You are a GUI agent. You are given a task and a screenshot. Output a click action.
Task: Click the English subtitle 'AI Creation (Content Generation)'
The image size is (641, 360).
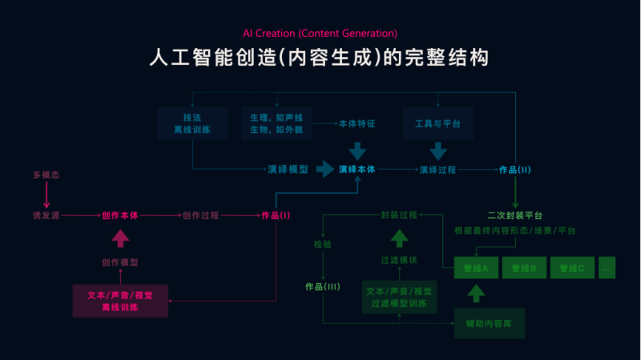[320, 33]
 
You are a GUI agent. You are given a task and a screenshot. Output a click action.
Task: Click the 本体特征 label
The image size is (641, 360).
[357, 123]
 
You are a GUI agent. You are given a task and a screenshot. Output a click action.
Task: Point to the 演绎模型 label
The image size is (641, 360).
[287, 169]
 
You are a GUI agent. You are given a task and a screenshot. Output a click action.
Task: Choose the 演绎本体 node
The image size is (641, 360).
[357, 169]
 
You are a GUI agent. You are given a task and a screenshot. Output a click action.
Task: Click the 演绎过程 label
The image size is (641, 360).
[436, 169]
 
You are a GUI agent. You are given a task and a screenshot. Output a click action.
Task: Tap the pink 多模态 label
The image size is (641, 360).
[44, 175]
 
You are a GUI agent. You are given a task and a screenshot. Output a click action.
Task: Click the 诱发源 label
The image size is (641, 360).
[46, 215]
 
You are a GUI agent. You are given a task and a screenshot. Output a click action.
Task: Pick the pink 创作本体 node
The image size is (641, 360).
[120, 215]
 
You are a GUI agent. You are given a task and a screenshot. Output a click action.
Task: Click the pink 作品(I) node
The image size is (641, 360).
[275, 215]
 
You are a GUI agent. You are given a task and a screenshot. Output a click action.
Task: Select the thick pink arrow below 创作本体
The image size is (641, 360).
[120, 238]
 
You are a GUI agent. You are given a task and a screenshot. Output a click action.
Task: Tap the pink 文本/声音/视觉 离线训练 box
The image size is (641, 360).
[120, 301]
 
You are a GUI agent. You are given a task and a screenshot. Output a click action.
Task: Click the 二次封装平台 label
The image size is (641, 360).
[515, 215]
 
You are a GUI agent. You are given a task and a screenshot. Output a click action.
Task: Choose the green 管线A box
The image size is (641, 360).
[476, 268]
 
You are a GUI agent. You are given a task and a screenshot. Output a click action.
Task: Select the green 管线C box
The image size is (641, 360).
[571, 268]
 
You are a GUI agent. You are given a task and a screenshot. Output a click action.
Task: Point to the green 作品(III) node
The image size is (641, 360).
[323, 287]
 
